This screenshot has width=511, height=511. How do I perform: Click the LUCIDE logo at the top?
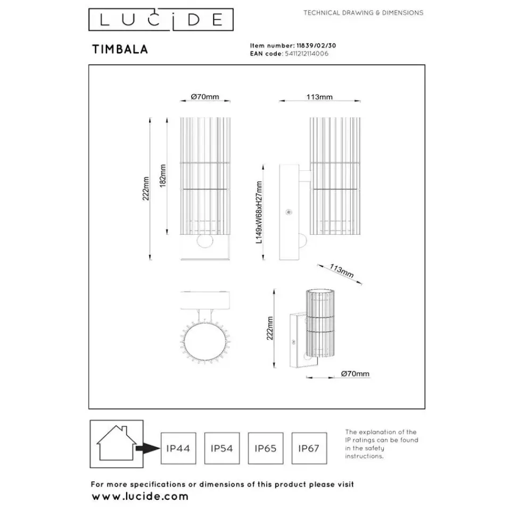[155, 20]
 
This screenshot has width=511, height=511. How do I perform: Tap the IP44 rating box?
[178, 448]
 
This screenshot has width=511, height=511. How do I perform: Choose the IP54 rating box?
[221, 448]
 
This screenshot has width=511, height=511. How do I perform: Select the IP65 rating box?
[265, 448]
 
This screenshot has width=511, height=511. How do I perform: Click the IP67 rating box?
[309, 448]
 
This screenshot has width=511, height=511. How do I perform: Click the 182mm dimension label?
[163, 174]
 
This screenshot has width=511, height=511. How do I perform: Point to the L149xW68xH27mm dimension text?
[259, 211]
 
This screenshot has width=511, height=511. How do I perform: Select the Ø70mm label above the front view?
[205, 97]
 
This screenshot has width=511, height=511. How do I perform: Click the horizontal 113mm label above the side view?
[320, 97]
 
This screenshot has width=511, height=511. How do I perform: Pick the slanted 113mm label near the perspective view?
[341, 271]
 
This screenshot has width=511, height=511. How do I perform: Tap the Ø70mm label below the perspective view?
[355, 374]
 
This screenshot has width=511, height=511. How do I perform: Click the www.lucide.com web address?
[140, 496]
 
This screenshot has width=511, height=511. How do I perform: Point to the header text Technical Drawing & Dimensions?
[363, 13]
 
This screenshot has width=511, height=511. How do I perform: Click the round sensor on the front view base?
[203, 241]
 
